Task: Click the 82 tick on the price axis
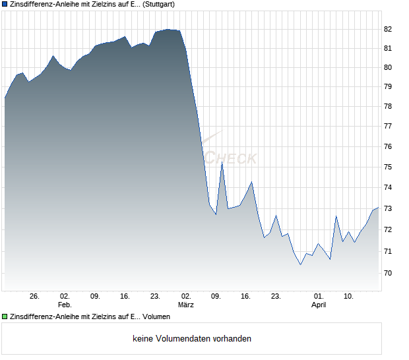click(388, 29)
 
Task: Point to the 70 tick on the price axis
click(388, 273)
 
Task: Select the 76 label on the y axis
click(388, 146)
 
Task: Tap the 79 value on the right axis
click(388, 86)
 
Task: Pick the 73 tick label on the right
click(388, 208)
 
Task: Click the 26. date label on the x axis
click(35, 296)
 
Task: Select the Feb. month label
click(65, 305)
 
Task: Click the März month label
click(187, 305)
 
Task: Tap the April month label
click(319, 305)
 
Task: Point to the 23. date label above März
click(156, 296)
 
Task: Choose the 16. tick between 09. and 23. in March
click(246, 296)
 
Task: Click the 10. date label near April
click(348, 296)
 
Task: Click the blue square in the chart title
click(5, 4)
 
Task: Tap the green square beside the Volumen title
click(5, 317)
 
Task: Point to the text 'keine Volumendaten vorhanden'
click(192, 339)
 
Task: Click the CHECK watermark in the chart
click(232, 158)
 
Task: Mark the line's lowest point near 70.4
click(301, 264)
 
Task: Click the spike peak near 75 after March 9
click(222, 163)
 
